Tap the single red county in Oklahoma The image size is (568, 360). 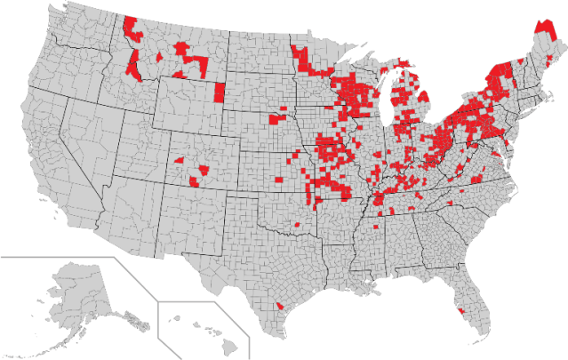(x=297, y=227)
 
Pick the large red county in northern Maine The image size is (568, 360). (x=543, y=31)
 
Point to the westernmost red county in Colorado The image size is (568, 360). (x=179, y=160)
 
